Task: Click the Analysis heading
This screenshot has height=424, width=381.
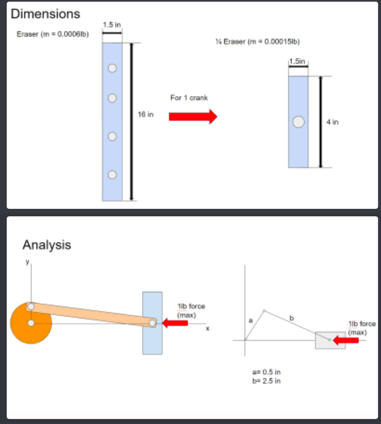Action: [46, 245]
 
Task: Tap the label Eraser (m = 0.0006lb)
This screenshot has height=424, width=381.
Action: [52, 33]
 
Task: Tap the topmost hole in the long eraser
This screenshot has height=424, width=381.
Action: [112, 69]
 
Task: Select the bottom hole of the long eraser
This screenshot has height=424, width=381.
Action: [112, 175]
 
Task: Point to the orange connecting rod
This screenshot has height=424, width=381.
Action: [93, 315]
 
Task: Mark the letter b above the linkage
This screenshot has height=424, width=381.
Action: [292, 318]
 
